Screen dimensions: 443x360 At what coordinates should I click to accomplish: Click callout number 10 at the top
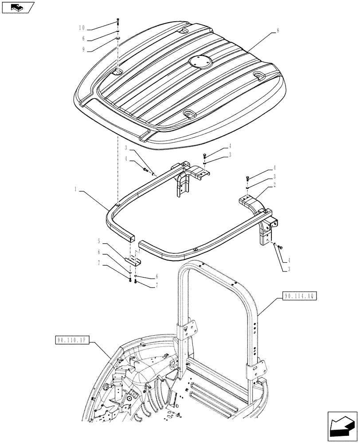[x=81, y=27]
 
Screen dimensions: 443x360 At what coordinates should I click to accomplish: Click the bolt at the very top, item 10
[x=117, y=22]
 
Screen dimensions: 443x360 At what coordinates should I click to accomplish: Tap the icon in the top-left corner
[x=18, y=7]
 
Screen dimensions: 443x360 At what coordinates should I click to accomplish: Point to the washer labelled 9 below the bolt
[x=117, y=39]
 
